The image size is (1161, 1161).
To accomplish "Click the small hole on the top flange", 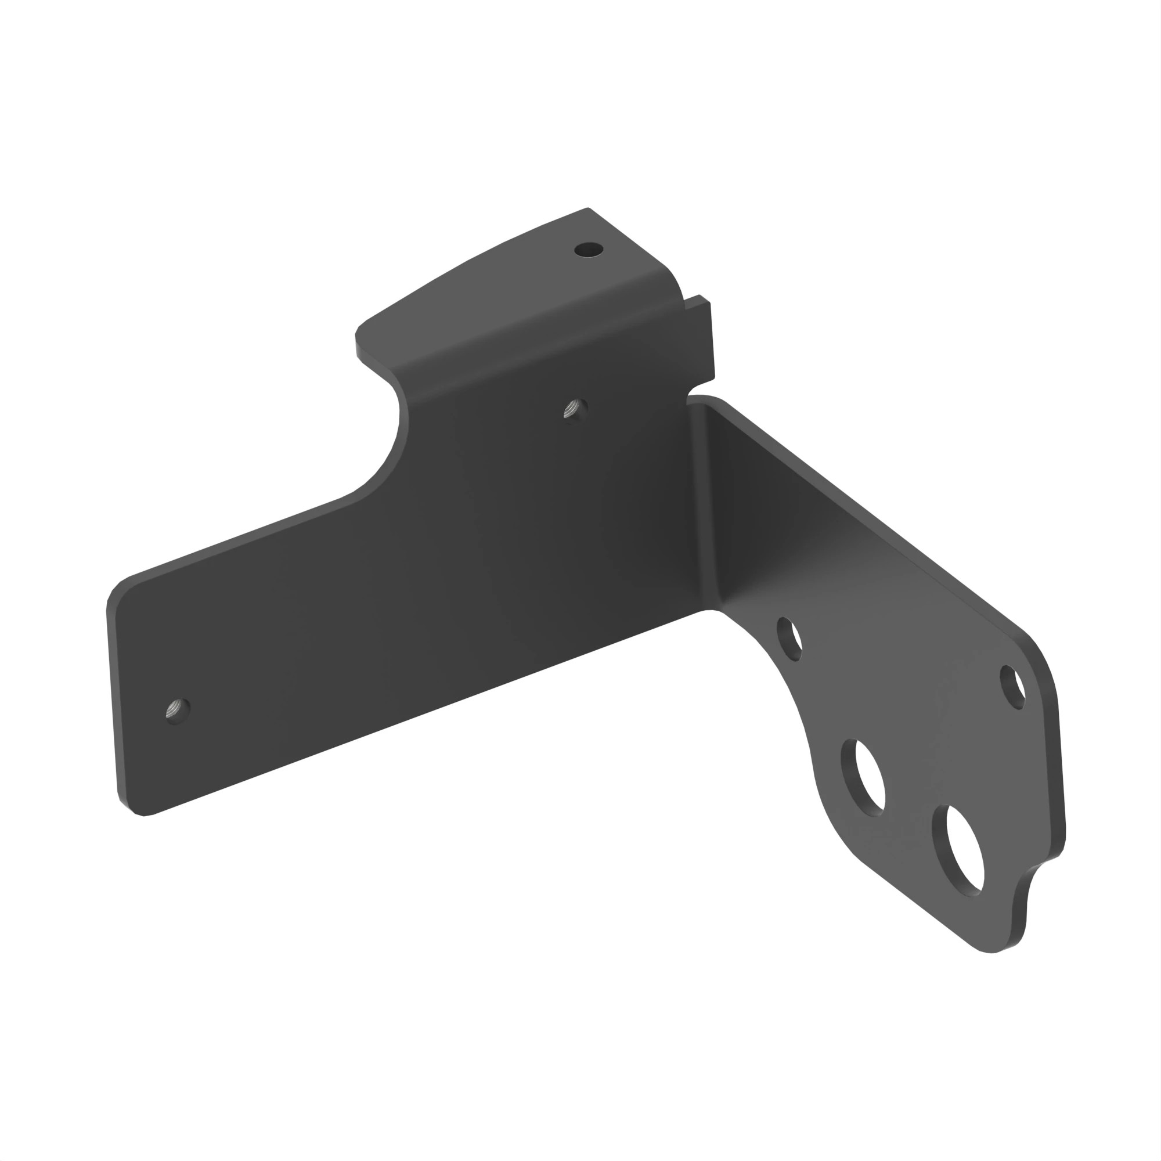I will coord(588,249).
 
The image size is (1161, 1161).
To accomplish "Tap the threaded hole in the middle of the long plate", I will coord(575,410).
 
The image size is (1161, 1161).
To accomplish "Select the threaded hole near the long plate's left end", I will coord(176,711).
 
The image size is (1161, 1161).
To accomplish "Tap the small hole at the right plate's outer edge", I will coord(1013,686).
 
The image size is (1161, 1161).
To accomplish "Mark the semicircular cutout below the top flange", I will coord(385,445).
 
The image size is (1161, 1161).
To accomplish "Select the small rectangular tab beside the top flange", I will coord(701,337).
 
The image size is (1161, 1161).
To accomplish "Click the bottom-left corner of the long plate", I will coord(142,814).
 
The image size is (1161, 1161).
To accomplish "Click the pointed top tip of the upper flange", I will coord(587,209).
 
